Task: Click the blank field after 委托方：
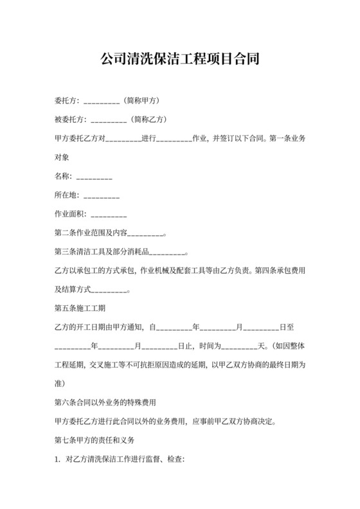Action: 102,101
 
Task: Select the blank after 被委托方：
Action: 109,119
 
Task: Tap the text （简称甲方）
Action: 140,101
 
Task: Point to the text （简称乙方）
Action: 148,119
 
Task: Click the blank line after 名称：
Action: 94,176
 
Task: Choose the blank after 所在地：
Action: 102,195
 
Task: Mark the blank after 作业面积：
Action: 109,214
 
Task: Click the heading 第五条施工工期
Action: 80,308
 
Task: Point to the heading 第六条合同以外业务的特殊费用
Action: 106,403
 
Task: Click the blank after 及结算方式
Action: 111,290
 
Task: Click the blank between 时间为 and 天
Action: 239,346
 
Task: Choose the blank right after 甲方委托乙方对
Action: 123,138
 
